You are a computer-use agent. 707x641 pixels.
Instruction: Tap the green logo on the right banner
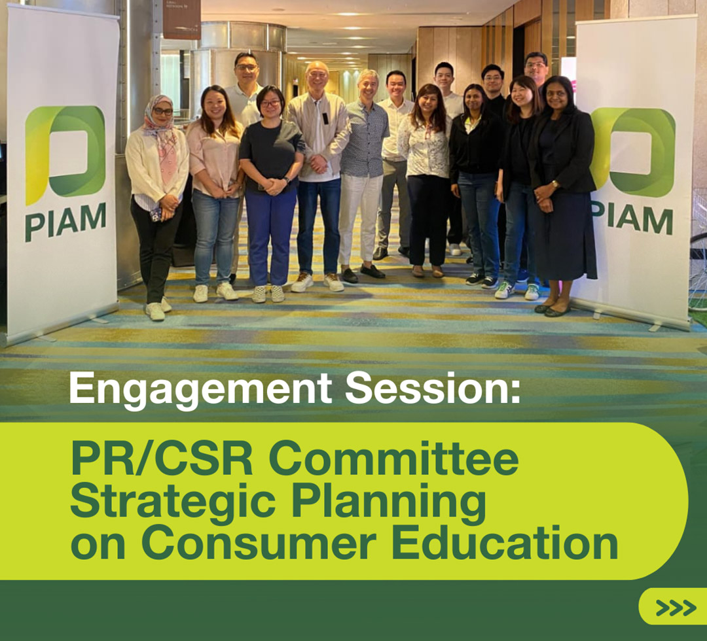634,152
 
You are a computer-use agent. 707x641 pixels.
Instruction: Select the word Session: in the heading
433,387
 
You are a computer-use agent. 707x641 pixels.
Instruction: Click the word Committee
393,459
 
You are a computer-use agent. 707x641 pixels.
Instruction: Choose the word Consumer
259,544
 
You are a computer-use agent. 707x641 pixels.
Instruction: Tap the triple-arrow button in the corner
672,607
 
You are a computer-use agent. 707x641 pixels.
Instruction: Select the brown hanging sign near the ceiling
182,19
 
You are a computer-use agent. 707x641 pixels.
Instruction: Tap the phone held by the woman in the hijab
156,215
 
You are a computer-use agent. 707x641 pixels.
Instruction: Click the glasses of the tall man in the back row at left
246,67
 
